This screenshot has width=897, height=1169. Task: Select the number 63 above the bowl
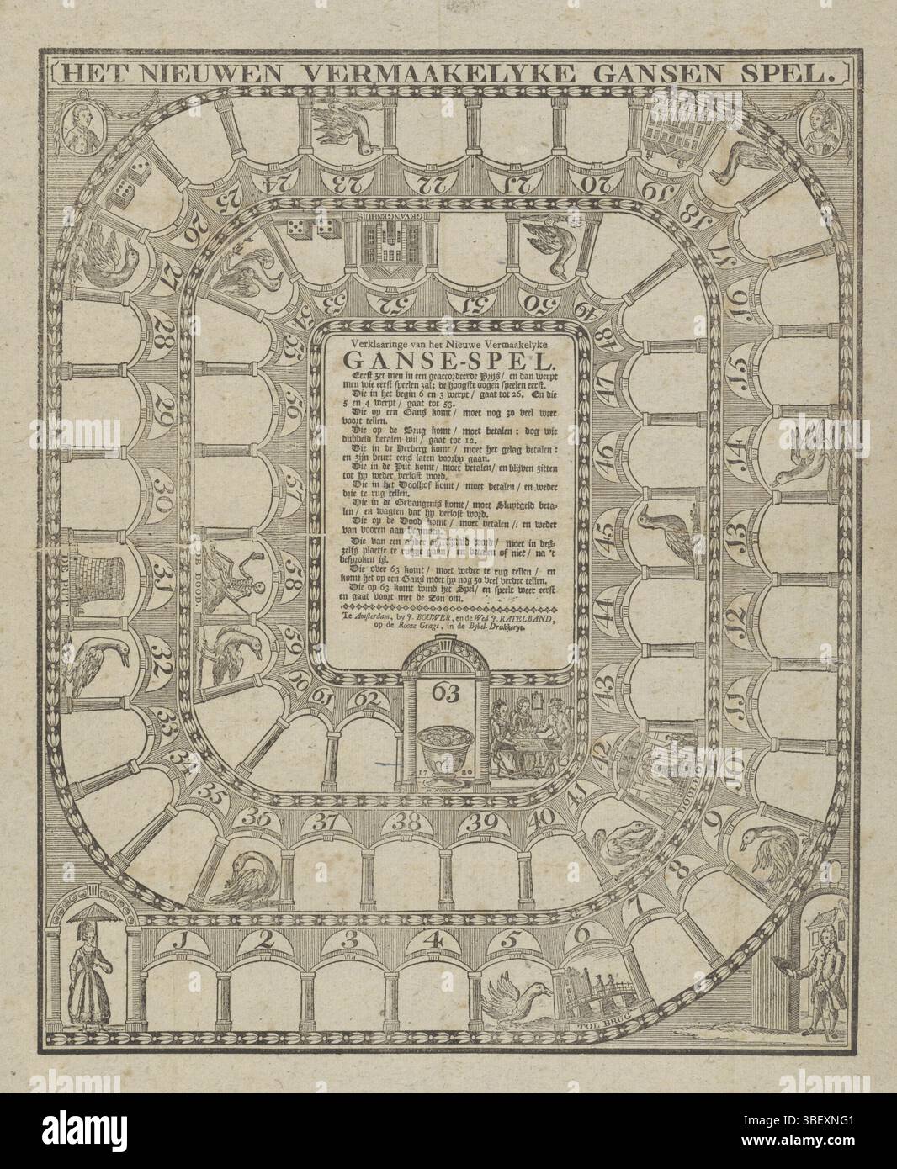(445, 693)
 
